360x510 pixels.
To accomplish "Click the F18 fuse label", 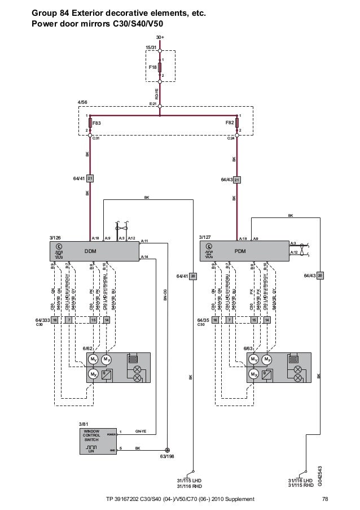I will tap(152, 67).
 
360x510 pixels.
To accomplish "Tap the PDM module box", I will tap(240, 251).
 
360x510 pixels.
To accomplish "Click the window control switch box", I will tap(98, 441).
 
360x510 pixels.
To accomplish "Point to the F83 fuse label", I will tap(96, 122).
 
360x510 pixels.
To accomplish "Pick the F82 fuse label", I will tap(229, 122).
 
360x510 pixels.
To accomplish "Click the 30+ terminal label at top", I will tap(160, 38).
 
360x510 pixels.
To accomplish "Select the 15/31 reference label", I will tap(151, 47).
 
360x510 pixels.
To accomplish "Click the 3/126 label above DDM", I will tap(56, 238).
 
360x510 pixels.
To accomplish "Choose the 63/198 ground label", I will tap(167, 455).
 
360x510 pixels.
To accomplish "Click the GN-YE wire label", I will tap(141, 431).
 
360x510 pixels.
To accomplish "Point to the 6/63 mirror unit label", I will tap(248, 348).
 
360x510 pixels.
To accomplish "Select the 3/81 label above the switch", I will tap(84, 424).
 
